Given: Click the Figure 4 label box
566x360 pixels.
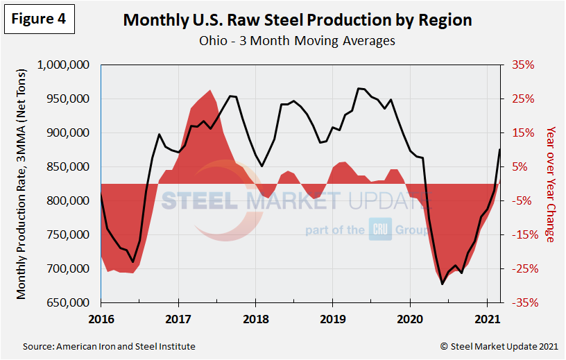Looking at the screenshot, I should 40,19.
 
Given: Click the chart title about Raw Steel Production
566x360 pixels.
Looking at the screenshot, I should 297,19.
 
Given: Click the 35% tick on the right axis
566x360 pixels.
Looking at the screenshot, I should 524,65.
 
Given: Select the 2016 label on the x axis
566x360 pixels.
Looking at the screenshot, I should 101,319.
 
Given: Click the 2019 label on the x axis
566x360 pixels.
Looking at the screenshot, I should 332,319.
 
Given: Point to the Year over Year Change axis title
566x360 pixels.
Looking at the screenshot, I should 551,184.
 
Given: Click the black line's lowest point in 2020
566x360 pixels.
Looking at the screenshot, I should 442,284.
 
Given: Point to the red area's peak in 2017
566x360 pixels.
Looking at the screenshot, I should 210,90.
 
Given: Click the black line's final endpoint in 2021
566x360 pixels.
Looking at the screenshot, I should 499,149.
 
